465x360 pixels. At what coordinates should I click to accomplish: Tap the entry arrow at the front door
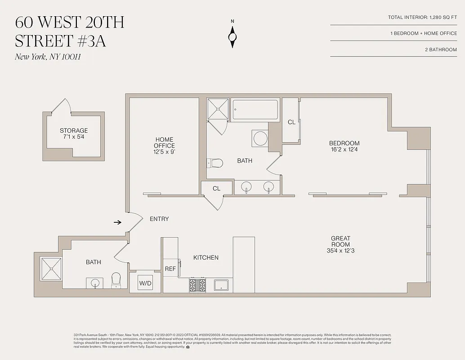click(117, 222)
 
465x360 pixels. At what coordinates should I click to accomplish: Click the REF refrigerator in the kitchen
click(170, 269)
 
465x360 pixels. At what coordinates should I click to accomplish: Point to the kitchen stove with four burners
click(197, 285)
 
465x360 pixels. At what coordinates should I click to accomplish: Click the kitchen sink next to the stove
click(221, 285)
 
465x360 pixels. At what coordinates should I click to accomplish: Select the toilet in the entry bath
click(116, 280)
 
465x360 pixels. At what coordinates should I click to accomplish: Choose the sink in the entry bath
click(95, 283)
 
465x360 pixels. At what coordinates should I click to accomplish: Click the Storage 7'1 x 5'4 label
click(74, 134)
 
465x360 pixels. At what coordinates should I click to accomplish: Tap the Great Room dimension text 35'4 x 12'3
click(340, 251)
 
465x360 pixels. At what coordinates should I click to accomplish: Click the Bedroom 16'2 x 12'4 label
click(344, 147)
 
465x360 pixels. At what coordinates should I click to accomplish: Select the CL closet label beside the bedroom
click(291, 122)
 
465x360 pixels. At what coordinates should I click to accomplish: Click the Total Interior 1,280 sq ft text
click(422, 18)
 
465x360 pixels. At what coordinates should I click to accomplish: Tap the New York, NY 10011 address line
click(48, 57)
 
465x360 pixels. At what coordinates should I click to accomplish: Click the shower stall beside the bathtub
click(218, 109)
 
